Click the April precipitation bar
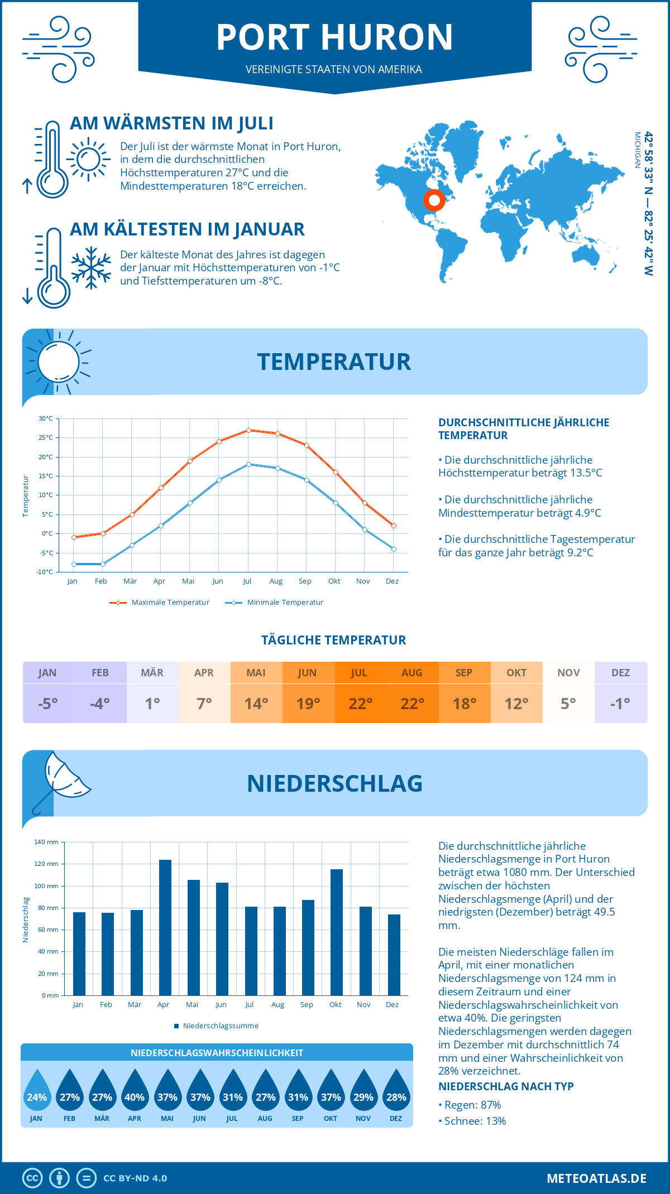(165, 927)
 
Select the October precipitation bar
(336, 932)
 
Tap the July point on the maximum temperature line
(248, 430)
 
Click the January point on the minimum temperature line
(74, 564)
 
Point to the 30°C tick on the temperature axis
(46, 418)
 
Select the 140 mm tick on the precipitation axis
(46, 842)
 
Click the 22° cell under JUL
(360, 704)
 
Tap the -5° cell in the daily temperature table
(47, 704)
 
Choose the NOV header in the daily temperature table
(568, 673)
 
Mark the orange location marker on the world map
(434, 200)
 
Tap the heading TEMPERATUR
(334, 362)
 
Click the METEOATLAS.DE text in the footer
(596, 1178)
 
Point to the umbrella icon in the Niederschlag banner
(61, 781)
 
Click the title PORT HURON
(334, 37)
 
